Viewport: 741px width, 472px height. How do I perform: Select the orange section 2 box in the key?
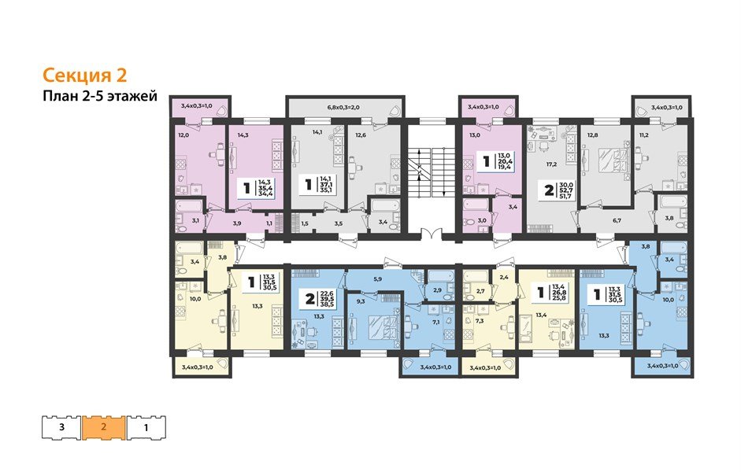click(104, 429)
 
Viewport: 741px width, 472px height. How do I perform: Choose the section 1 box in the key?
click(146, 429)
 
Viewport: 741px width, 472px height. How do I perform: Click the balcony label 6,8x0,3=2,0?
click(345, 107)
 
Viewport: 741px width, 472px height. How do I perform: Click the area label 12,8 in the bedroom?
click(592, 135)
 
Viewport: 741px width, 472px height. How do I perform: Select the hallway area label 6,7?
click(617, 222)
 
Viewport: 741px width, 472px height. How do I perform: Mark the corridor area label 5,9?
click(378, 280)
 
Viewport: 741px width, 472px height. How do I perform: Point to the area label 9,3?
click(361, 300)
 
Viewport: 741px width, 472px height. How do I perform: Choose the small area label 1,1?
click(269, 224)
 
